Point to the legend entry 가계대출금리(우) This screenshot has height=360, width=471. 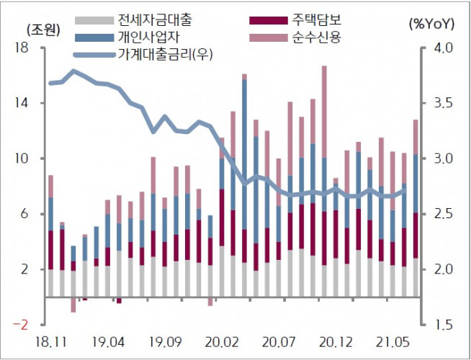pyautogui.click(x=169, y=53)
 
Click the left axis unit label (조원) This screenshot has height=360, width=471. pyautogui.click(x=40, y=30)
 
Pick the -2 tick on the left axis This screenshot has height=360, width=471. pyautogui.click(x=20, y=325)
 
